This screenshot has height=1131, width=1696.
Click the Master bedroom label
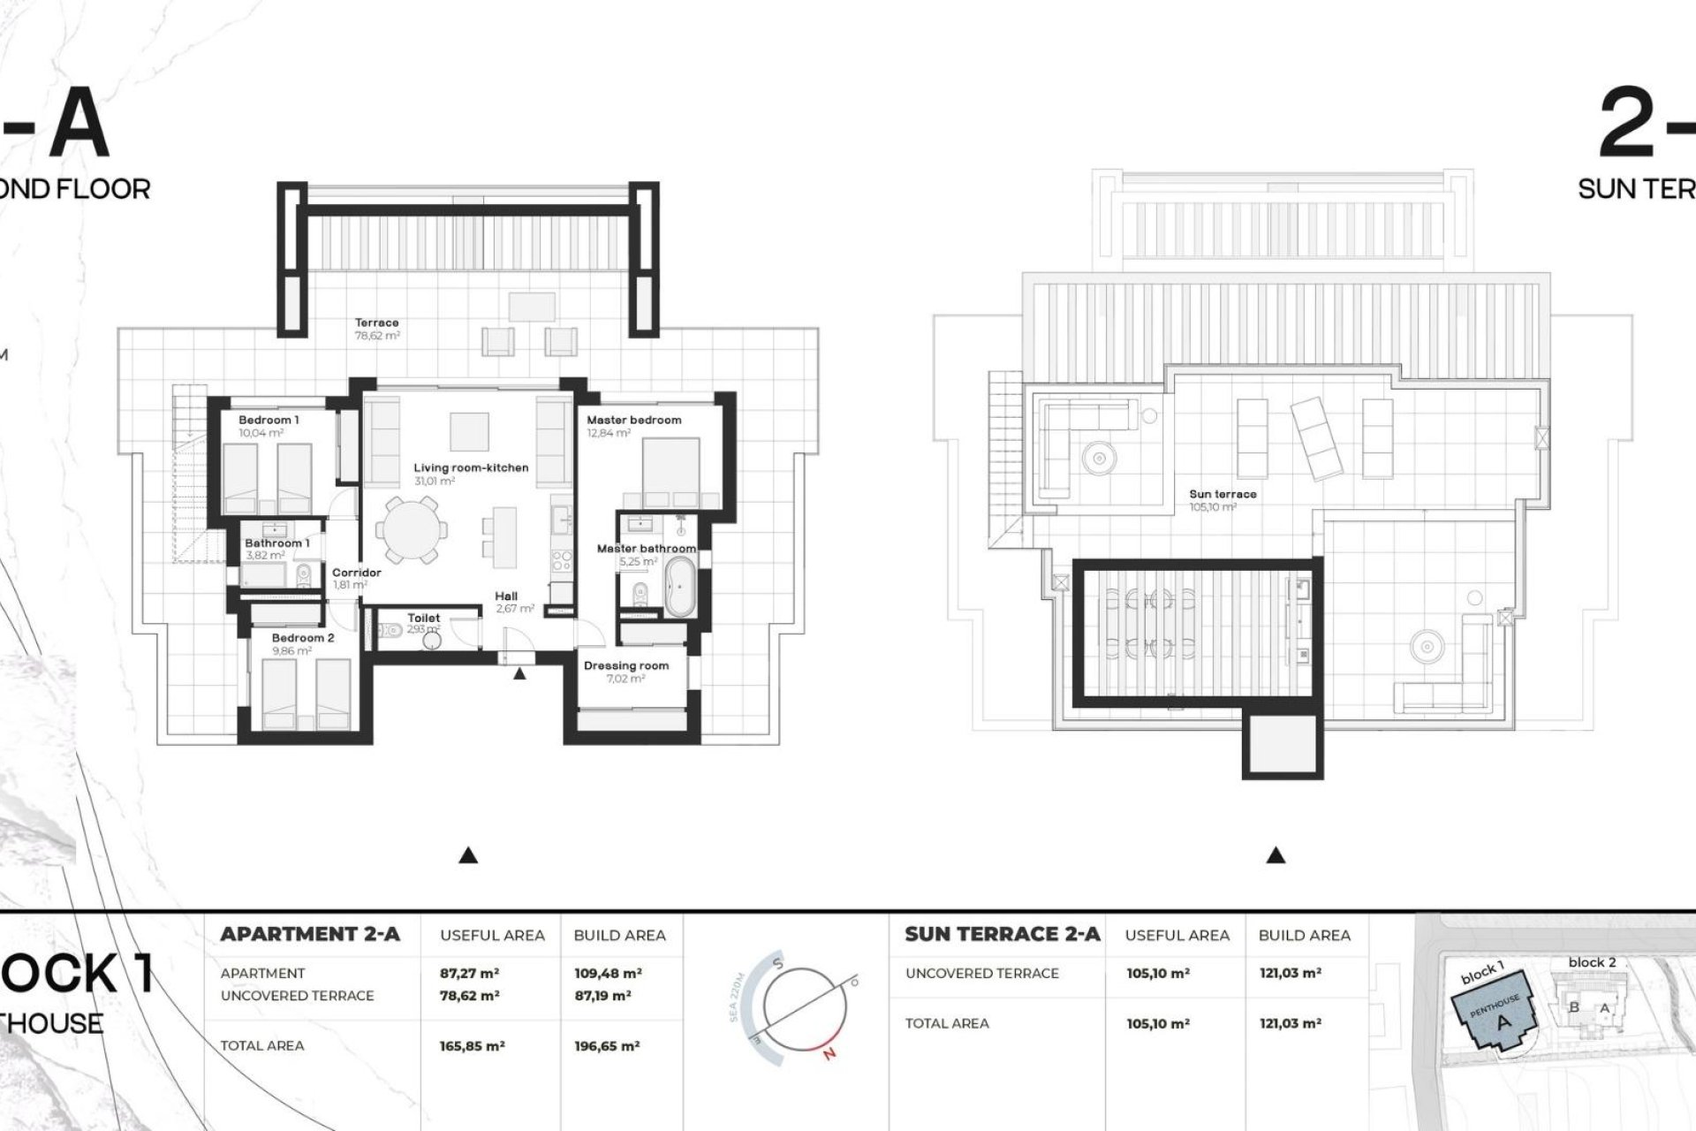pos(633,420)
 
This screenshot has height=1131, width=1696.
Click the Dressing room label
pos(625,665)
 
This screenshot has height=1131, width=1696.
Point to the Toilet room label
pos(423,618)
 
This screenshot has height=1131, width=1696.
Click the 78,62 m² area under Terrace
pos(377,336)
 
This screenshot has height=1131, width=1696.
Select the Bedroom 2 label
pos(303,637)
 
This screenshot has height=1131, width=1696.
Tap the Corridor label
pos(356,573)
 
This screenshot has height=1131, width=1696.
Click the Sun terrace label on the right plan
pos(1223,494)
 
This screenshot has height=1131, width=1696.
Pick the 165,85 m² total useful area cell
pos(472,1046)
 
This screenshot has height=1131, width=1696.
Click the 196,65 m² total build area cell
pos(607,1046)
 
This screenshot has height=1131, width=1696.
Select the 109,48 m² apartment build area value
pos(607,974)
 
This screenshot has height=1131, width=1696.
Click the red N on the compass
pos(829,1053)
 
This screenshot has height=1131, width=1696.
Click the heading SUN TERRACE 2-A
pos(1003,934)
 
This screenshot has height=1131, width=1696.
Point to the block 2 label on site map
pos(1592,962)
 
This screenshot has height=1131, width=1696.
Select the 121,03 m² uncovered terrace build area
pos(1290,974)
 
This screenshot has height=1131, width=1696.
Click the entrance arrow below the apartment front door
pos(519,674)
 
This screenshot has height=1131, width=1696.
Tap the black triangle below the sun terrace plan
pos(1276,855)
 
